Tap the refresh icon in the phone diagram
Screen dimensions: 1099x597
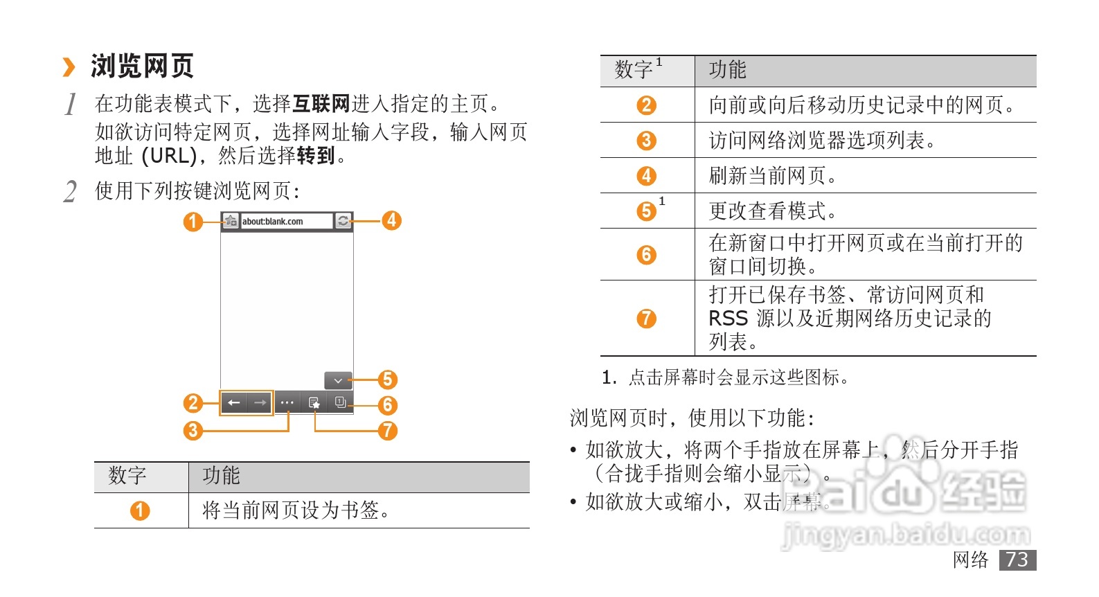pyautogui.click(x=343, y=221)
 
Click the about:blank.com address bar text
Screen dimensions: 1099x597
pyautogui.click(x=272, y=222)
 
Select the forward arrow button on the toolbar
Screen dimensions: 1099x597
pyautogui.click(x=260, y=402)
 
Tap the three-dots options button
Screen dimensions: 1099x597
pyautogui.click(x=287, y=402)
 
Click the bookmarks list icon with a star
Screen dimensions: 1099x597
pyautogui.click(x=314, y=402)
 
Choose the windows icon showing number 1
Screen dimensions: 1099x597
pyautogui.click(x=340, y=402)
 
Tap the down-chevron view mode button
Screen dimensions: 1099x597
pyautogui.click(x=338, y=380)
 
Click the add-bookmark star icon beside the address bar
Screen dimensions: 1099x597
pyautogui.click(x=231, y=221)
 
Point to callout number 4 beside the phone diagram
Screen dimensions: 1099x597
pyautogui.click(x=391, y=220)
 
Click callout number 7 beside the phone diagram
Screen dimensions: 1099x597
pyautogui.click(x=388, y=430)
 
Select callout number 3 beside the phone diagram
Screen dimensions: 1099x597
pyautogui.click(x=193, y=430)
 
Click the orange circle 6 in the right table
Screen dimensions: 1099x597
pyautogui.click(x=646, y=254)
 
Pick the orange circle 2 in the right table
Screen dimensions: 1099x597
pyautogui.click(x=646, y=105)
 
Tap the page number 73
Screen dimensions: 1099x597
pyautogui.click(x=1017, y=560)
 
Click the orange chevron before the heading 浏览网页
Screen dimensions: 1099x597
pyautogui.click(x=69, y=67)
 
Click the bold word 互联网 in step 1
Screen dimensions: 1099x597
pyautogui.click(x=321, y=104)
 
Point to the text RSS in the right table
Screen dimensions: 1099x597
pyautogui.click(x=728, y=319)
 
